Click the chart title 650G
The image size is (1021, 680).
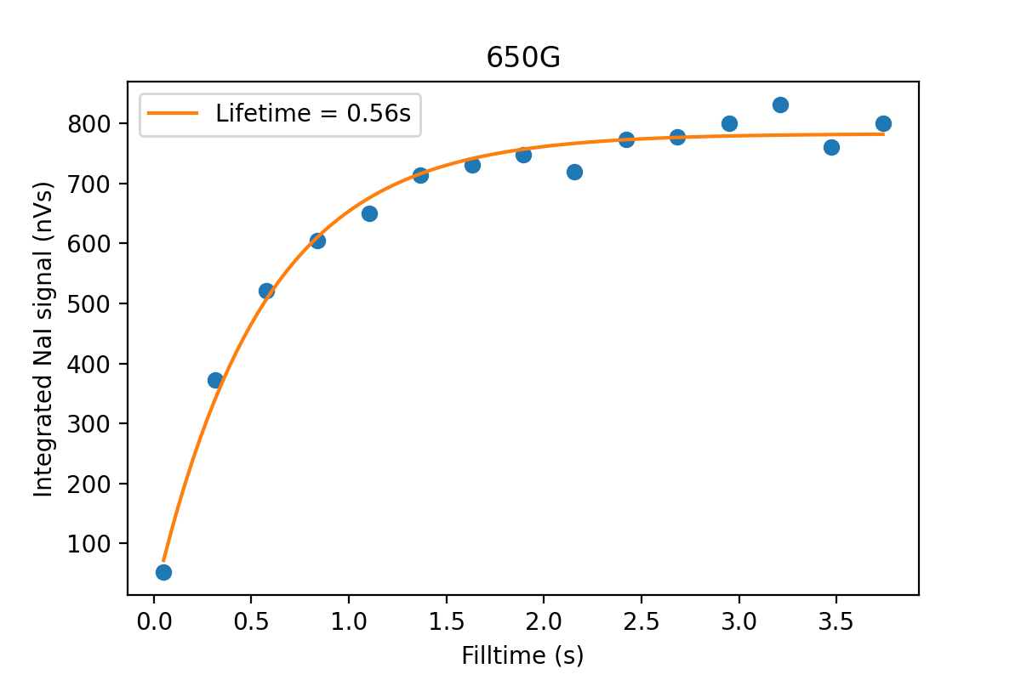tap(523, 57)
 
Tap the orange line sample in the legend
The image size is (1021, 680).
tap(174, 113)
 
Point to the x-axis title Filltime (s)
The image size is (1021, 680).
tap(522, 655)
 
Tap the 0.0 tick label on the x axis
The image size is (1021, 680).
tap(154, 621)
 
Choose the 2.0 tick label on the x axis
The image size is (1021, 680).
tap(543, 621)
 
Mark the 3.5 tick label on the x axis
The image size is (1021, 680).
tap(835, 621)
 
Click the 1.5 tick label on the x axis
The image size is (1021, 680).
tap(446, 621)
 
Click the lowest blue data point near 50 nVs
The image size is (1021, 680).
tap(163, 572)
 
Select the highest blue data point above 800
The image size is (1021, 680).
tap(780, 105)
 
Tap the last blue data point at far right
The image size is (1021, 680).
tap(883, 123)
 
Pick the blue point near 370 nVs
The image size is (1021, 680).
tap(215, 380)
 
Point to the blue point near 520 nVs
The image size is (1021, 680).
tap(266, 291)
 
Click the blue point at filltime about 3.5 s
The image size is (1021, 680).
tap(831, 147)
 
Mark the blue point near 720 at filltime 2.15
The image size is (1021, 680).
tap(574, 172)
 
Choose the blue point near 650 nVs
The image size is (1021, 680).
tap(369, 213)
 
